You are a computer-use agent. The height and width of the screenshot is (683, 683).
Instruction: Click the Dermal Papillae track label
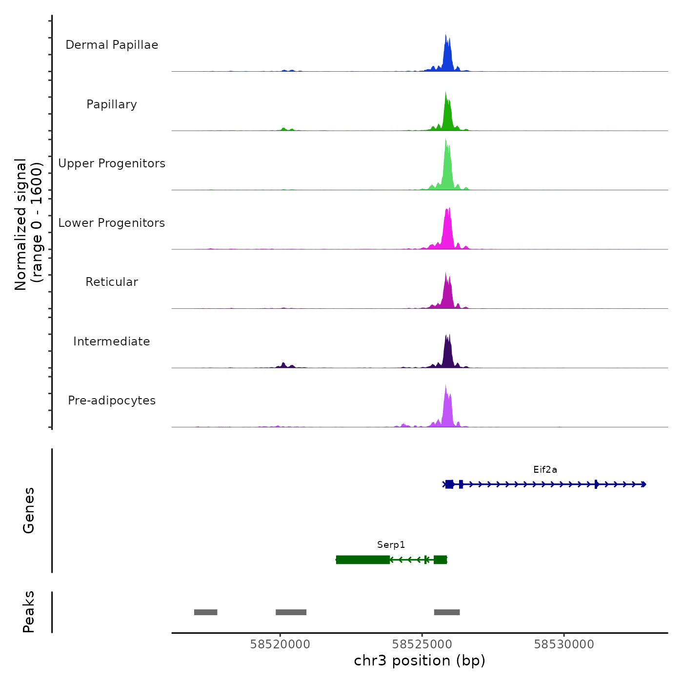pos(112,45)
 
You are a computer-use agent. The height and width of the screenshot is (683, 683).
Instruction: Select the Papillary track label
pos(112,104)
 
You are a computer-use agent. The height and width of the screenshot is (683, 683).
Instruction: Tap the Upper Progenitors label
pos(112,163)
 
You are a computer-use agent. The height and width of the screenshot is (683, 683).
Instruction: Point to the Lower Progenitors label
pos(112,223)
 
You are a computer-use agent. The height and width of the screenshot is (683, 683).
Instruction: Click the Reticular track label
pos(112,282)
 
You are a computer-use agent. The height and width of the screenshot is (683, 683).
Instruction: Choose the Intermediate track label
pos(112,341)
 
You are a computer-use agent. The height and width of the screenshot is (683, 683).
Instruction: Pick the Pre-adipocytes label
pos(112,401)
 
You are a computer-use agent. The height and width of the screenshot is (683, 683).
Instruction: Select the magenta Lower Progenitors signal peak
pos(448,229)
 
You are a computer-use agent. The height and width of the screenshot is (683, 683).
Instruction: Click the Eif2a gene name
pos(545,470)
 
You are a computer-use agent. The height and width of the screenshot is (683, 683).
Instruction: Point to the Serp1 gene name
pos(391,545)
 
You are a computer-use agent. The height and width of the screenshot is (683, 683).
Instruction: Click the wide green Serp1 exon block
pos(363,560)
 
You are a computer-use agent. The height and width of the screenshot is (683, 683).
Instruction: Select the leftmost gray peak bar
pos(205,612)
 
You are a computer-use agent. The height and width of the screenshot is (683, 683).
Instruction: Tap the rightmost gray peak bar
pos(447,612)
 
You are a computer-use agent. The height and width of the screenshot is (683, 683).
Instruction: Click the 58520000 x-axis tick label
pos(280,644)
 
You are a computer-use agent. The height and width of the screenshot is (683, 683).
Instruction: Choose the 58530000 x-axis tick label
pos(564,644)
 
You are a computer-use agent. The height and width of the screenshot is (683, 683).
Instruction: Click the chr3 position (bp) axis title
pos(420,661)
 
